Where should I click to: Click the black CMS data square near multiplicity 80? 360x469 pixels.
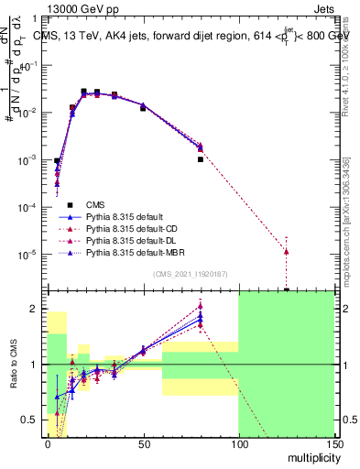coord(200,159)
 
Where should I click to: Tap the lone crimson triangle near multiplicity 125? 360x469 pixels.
coord(287,251)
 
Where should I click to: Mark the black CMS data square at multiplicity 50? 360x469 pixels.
coord(143,108)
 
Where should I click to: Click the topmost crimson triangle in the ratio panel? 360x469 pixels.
coord(200,306)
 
